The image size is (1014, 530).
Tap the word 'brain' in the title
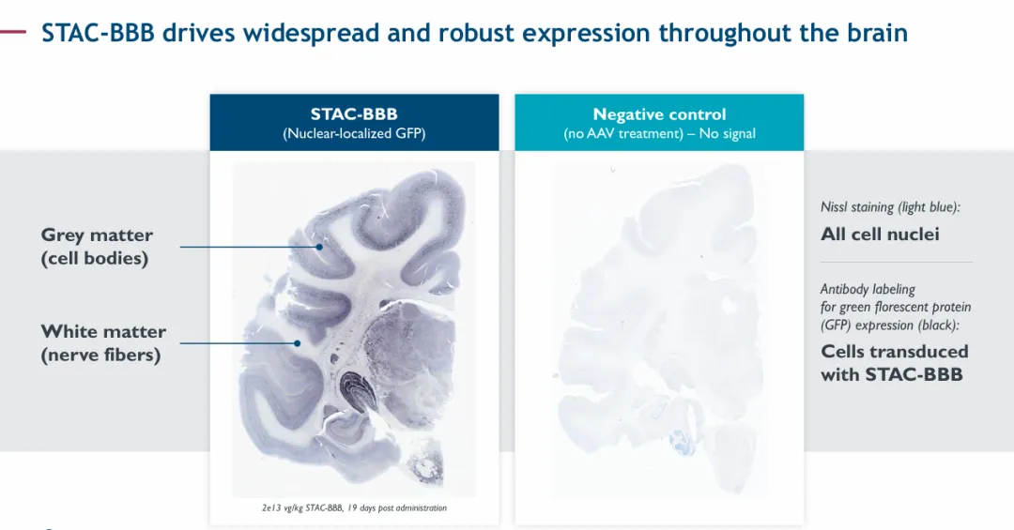tap(878, 32)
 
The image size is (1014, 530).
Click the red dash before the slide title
tap(13, 31)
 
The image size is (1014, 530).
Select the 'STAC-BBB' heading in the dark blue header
tap(354, 114)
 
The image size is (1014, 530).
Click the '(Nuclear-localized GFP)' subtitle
tap(354, 134)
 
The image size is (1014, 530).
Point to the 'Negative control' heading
tap(659, 114)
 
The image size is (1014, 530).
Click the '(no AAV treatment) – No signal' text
tap(659, 134)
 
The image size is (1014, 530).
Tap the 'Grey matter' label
tap(97, 235)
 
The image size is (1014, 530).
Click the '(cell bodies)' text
tap(95, 258)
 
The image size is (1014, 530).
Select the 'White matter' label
tap(103, 331)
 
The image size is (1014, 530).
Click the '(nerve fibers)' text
tap(100, 355)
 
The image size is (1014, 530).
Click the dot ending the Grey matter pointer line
tap(319, 247)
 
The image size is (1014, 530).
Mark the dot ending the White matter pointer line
tap(298, 343)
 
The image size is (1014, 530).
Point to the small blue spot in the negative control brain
tap(680, 440)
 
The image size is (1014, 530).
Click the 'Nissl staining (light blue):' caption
tap(890, 206)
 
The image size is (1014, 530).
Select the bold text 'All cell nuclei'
tap(880, 234)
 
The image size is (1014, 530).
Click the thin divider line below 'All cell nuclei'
tap(897, 262)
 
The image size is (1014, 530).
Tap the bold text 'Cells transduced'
tap(895, 351)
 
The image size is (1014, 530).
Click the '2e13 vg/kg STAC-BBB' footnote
tap(302, 508)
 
